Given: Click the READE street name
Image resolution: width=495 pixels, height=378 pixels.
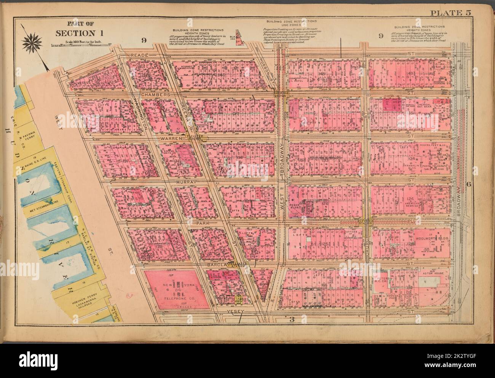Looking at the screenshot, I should [136, 56].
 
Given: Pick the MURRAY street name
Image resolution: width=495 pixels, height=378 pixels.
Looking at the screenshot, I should [186, 183].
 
